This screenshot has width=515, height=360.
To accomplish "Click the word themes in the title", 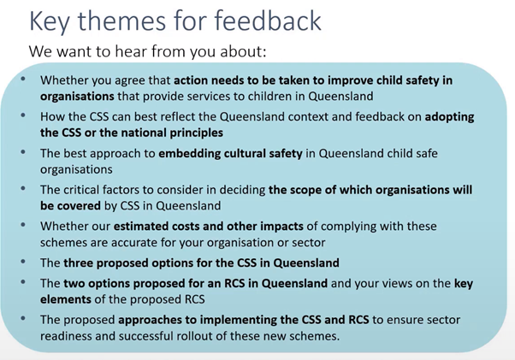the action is click(x=121, y=21).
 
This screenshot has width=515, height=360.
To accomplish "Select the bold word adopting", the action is click(x=449, y=117).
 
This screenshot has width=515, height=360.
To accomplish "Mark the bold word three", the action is click(x=78, y=263).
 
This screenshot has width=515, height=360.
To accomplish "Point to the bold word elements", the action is click(x=66, y=299).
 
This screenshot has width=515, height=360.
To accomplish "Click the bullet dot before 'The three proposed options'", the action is click(x=23, y=262).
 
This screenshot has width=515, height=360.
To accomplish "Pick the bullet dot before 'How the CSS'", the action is click(x=23, y=115).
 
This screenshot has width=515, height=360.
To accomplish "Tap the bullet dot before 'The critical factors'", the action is click(x=23, y=188).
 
